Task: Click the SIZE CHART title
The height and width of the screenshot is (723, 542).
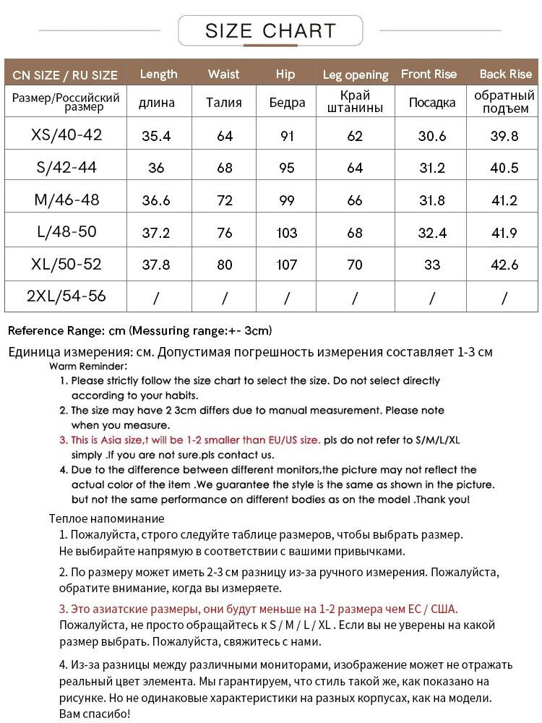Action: pos(270,31)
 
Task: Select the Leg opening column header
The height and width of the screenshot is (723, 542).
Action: pos(355,74)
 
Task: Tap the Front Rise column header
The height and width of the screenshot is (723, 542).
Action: pos(429,74)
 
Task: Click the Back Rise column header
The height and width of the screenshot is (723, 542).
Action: pos(505,74)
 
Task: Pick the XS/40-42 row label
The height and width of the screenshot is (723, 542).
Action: pos(66,135)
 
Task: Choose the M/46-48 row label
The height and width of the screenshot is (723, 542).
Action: pos(66,200)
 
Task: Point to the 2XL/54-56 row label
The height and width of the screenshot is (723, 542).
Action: pos(66,296)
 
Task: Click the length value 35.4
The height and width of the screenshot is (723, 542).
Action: pos(156,136)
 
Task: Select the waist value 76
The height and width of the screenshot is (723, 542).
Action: pos(225,232)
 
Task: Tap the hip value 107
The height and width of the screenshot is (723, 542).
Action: pos(287,265)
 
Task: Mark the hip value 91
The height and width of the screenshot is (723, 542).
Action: pos(287,136)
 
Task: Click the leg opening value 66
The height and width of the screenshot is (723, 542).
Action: pos(355,200)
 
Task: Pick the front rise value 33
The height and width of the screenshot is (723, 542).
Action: pos(432,265)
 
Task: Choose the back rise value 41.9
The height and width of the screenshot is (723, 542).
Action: pos(504,232)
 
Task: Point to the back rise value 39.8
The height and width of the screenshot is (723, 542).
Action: pos(504,136)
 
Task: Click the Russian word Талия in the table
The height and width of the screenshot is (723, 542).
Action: pos(224,102)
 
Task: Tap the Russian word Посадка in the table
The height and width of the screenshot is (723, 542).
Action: pos(432,103)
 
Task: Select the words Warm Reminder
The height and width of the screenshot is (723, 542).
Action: pos(88,366)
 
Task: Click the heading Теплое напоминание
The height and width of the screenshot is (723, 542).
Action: pos(106,518)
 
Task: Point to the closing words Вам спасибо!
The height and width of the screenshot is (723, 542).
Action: pos(94,714)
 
